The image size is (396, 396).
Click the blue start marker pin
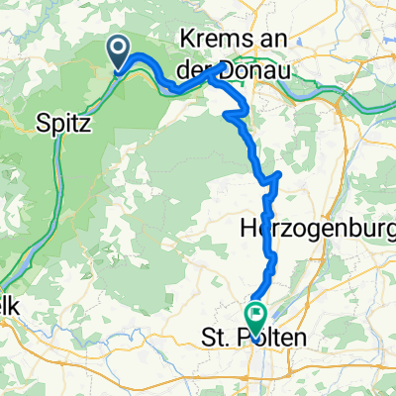click(x=118, y=54)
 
